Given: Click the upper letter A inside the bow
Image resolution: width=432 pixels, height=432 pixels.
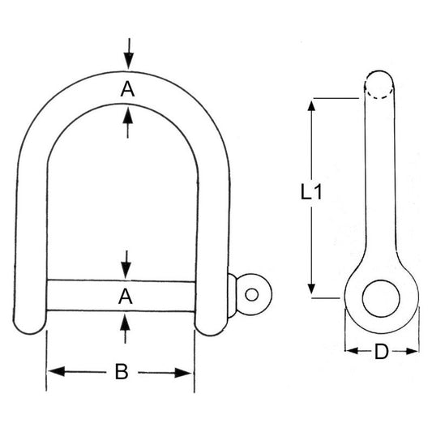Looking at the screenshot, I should pos(126,91).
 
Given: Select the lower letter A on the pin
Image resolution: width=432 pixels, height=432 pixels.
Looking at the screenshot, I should pos(126,297).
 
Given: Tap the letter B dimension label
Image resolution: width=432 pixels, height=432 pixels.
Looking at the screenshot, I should pos(121,372).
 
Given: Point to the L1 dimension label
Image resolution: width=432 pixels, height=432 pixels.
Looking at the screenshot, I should pos(311,193).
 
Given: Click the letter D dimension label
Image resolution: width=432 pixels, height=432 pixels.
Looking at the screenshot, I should pos(382,352).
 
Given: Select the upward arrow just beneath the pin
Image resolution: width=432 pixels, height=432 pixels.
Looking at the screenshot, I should pos(126,322).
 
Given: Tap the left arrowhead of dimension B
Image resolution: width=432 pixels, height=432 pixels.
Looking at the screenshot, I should pos(53,372).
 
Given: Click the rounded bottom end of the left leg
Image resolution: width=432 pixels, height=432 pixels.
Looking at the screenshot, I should pos(30,323).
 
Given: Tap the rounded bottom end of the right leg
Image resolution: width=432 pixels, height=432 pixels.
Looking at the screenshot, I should pos(210,323).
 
